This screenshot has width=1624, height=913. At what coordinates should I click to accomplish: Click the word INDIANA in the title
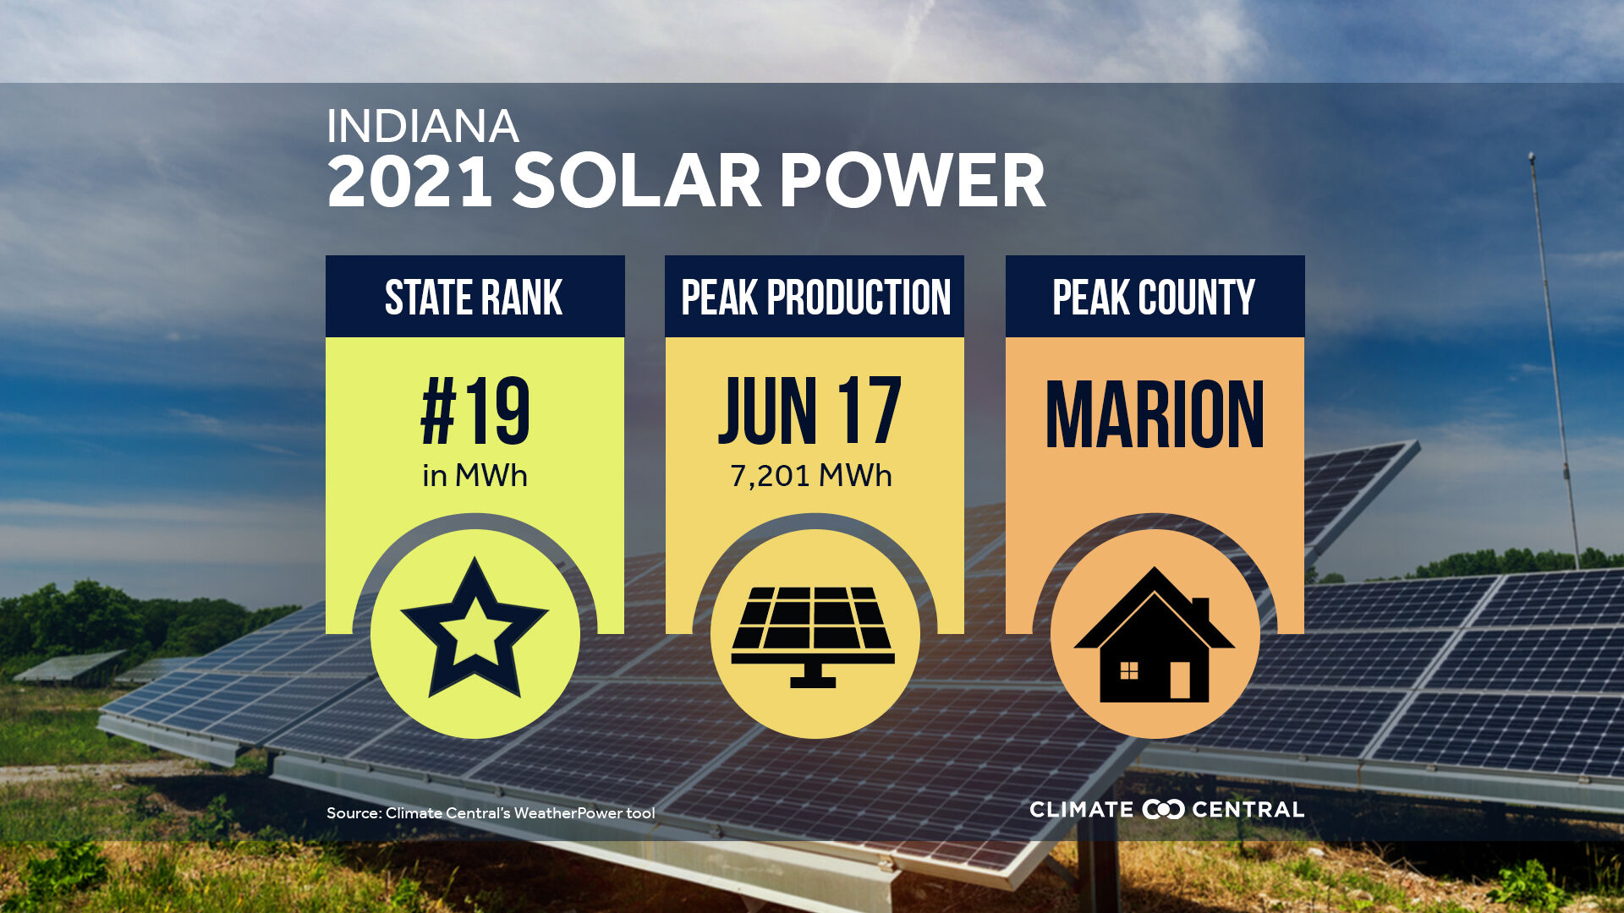pos(422,127)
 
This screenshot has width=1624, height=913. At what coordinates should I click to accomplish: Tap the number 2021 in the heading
pos(409,181)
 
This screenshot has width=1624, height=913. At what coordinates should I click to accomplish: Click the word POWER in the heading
pos(912,181)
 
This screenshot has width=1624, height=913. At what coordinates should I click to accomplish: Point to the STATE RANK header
pos(474,298)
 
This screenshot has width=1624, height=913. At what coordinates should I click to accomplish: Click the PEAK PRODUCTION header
pos(815,298)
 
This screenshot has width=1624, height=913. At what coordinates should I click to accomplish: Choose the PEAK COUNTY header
pos(1154,298)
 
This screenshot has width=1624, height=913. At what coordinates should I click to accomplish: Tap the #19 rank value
pos(475,412)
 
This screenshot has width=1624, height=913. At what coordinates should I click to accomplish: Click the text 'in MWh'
pos(475,476)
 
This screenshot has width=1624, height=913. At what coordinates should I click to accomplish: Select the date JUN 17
pos(810,412)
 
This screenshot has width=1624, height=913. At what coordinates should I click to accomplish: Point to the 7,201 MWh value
pos(810,476)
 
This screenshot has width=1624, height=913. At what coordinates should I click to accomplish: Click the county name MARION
pos(1155,414)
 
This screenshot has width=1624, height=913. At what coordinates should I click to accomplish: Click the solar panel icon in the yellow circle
pos(813,634)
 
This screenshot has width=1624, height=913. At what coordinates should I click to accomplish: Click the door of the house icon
pos(1179,679)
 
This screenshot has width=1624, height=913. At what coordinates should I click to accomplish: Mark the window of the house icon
pos(1128,671)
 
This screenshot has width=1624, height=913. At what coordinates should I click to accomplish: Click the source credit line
pos(491,813)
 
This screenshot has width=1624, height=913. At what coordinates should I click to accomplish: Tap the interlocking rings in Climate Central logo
pos(1163,809)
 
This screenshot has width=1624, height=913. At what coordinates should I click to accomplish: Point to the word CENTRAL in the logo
pos(1248,809)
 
